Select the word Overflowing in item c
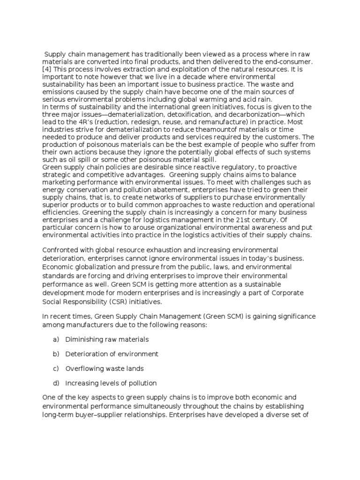coord(85,368)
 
